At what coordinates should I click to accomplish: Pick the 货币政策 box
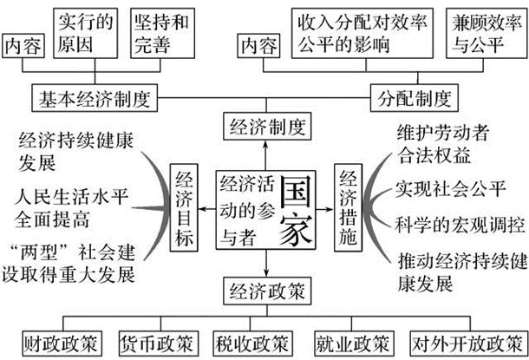154,342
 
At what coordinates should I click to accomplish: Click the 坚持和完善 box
159,32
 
